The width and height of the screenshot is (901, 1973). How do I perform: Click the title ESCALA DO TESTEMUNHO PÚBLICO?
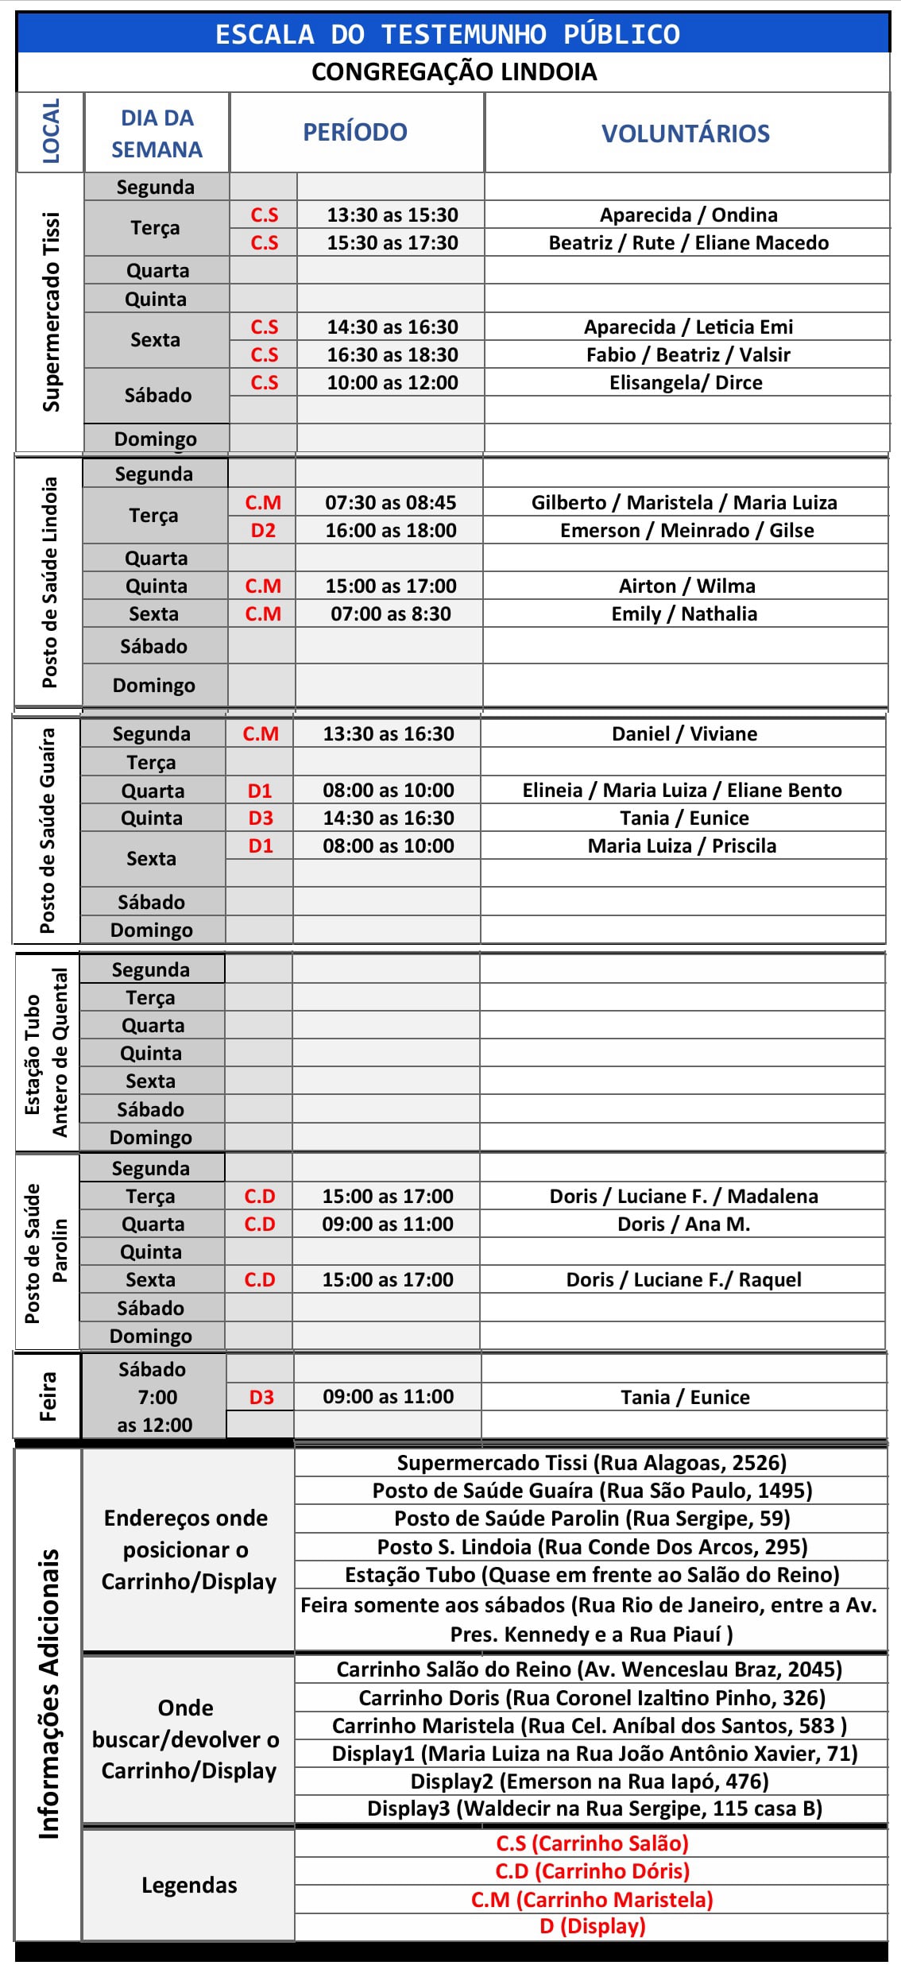pyautogui.click(x=447, y=34)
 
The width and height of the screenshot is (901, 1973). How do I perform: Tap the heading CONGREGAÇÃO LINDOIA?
pyautogui.click(x=454, y=72)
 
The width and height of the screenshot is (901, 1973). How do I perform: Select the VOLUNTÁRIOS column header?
pyautogui.click(x=686, y=133)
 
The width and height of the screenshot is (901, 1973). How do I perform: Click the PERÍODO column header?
pyautogui.click(x=355, y=132)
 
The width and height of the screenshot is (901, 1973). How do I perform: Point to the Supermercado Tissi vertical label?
pyautogui.click(x=51, y=312)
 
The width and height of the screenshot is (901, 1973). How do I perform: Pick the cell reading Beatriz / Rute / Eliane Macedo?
pyautogui.click(x=688, y=242)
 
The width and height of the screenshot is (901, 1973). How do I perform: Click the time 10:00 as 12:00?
pyautogui.click(x=392, y=382)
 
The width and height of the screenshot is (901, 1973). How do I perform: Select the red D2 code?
pyautogui.click(x=263, y=530)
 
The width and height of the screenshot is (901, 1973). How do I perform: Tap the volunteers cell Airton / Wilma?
pyautogui.click(x=686, y=586)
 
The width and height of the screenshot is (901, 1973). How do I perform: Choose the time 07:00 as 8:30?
pyautogui.click(x=390, y=613)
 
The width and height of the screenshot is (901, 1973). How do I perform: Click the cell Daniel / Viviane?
pyautogui.click(x=684, y=733)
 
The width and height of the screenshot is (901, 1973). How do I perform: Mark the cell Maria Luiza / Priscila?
pyautogui.click(x=682, y=845)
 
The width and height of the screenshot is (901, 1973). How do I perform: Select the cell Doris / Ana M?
pyautogui.click(x=683, y=1224)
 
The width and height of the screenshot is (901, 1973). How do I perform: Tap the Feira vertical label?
pyautogui.click(x=48, y=1396)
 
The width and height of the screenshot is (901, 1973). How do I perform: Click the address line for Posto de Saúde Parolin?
pyautogui.click(x=592, y=1518)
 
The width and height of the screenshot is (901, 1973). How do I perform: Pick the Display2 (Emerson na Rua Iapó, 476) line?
pyautogui.click(x=590, y=1782)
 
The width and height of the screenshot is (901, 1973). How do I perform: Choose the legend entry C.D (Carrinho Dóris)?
pyautogui.click(x=592, y=1871)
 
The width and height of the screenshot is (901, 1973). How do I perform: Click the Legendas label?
pyautogui.click(x=189, y=1885)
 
